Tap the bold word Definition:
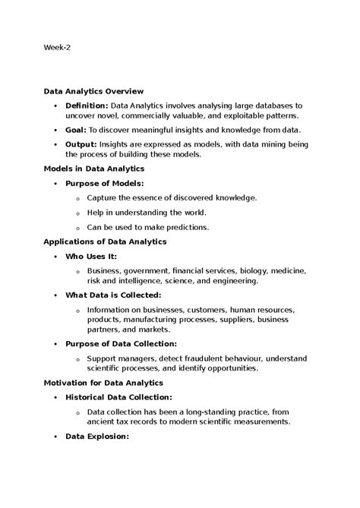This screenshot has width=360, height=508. tap(87, 104)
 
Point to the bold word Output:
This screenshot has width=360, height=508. tap(81, 143)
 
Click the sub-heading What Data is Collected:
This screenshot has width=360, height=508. tap(113, 295)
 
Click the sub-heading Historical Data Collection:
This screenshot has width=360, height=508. tap(118, 397)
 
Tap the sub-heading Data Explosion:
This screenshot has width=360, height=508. tap(97, 437)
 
